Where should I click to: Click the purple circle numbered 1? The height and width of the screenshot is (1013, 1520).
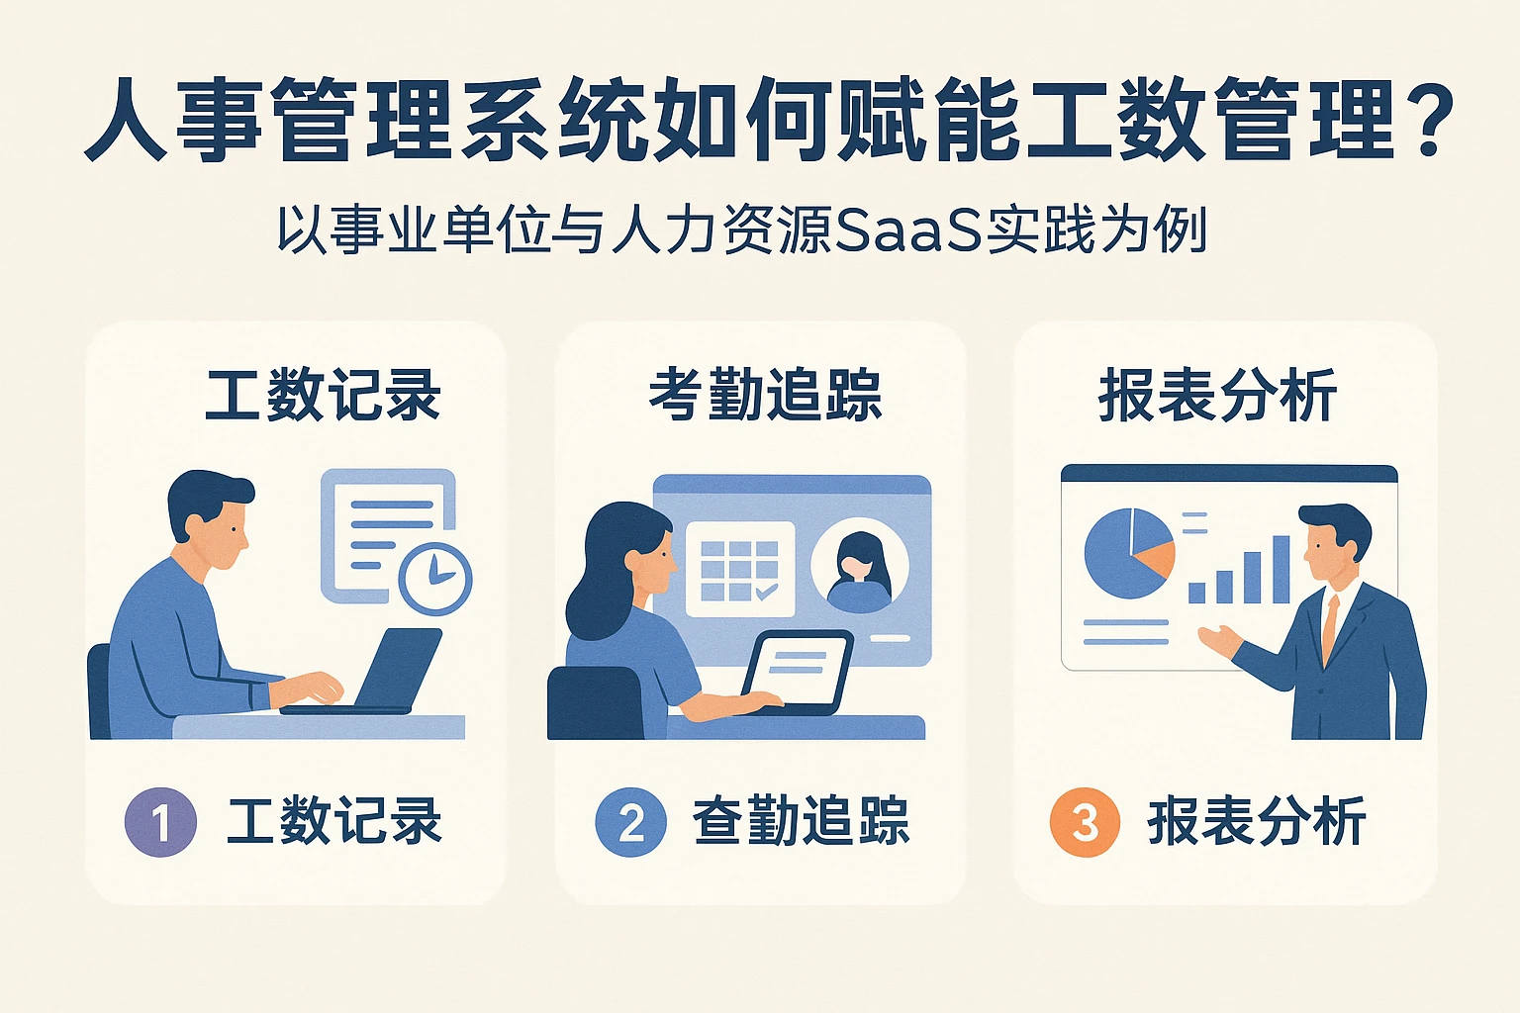160,821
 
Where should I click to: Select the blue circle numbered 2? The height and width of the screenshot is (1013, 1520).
630,821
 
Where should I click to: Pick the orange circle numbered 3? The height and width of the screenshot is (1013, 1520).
1085,821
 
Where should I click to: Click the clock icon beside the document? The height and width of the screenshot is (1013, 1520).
435,579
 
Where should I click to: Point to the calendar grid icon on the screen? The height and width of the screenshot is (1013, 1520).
739,570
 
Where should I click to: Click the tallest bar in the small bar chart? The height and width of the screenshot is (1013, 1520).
1281,570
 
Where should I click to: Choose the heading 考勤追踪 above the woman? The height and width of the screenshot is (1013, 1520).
764,395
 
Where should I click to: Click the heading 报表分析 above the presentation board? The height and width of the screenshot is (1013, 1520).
1217,395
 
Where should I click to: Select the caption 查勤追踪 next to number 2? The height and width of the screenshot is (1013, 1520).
800,821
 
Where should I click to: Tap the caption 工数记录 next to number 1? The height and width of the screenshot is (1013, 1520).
333,821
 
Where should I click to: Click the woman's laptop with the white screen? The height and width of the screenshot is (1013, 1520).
798,669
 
